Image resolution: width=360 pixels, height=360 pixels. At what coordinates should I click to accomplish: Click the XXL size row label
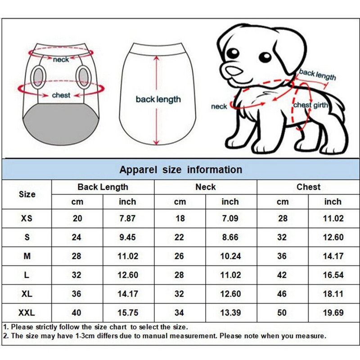pyautogui.click(x=27, y=312)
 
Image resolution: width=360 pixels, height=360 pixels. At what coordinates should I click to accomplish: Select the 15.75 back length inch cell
pyautogui.click(x=128, y=312)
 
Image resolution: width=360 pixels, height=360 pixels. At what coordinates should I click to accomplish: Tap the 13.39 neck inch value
pyautogui.click(x=230, y=312)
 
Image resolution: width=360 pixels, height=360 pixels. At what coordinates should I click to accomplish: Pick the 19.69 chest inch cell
pyautogui.click(x=333, y=312)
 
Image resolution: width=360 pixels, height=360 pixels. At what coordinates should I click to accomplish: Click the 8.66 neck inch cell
pyautogui.click(x=230, y=237)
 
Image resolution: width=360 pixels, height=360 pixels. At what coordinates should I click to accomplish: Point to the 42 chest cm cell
pyautogui.click(x=282, y=275)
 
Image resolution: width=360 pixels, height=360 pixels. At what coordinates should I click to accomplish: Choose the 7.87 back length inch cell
pyautogui.click(x=127, y=218)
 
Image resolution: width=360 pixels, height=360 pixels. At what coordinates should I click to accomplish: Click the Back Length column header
pyautogui.click(x=103, y=187)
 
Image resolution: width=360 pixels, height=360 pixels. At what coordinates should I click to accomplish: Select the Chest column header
pyautogui.click(x=308, y=187)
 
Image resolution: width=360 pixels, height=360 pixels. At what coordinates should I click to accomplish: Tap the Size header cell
pyautogui.click(x=27, y=194)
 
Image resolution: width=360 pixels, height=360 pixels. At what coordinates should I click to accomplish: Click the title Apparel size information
pyautogui.click(x=181, y=170)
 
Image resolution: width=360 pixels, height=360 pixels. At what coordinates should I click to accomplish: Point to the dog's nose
pyautogui.click(x=234, y=71)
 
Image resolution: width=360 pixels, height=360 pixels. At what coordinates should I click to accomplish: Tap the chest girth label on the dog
pyautogui.click(x=310, y=105)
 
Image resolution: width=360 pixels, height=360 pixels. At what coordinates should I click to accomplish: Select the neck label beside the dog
pyautogui.click(x=219, y=106)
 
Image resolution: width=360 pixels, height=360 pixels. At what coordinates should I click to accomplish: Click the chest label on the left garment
pyautogui.click(x=61, y=95)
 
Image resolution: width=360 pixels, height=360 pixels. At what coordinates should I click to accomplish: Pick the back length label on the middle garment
pyautogui.click(x=158, y=99)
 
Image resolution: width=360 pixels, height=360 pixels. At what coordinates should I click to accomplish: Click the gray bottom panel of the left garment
pyautogui.click(x=62, y=124)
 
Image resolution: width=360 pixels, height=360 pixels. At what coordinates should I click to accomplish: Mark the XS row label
pyautogui.click(x=27, y=218)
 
